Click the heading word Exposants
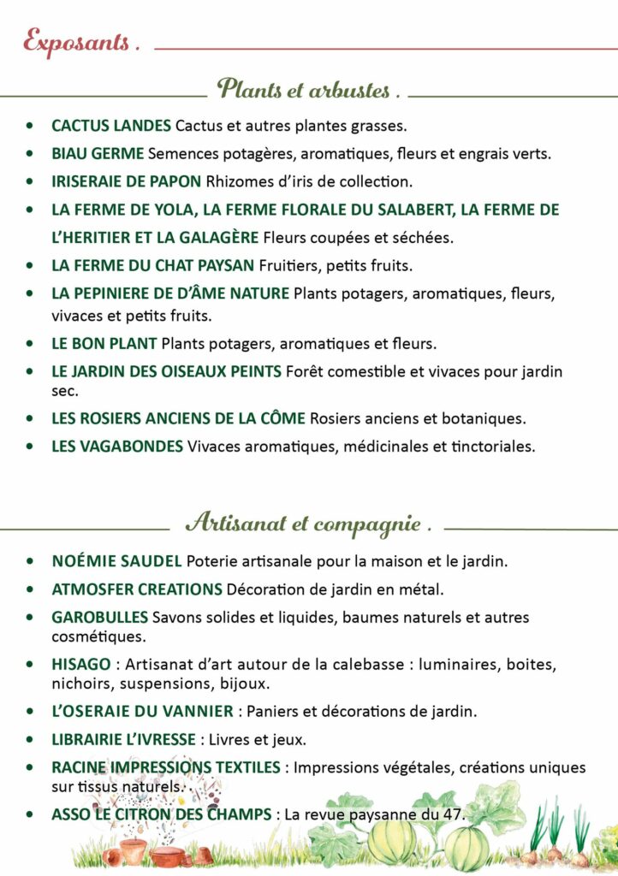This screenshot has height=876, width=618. pos(80,42)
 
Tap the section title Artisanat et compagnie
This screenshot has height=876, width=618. pos(307,522)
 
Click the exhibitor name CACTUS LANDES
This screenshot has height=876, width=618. pos(111,126)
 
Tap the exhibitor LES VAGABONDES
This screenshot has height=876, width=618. pos(117,446)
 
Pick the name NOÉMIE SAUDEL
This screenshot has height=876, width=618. pos(116,562)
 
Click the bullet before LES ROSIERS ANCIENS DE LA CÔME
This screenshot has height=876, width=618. pos(31,419)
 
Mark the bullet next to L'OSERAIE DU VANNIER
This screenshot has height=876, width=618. pos(31,712)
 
